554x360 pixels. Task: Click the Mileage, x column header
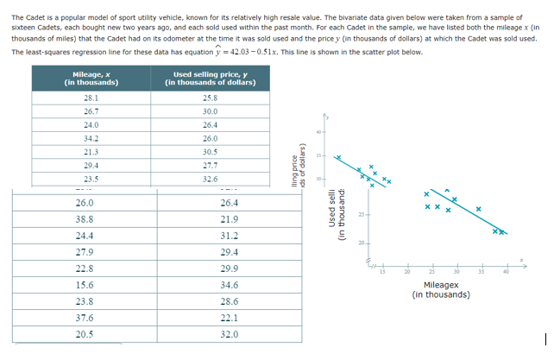(91, 79)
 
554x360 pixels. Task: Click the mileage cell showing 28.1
(91, 98)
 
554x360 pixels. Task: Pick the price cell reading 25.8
(210, 98)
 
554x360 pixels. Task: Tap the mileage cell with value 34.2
(91, 138)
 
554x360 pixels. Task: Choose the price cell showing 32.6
(210, 178)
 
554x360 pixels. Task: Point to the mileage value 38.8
(85, 219)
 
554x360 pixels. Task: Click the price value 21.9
(230, 219)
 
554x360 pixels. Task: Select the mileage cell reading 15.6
(85, 284)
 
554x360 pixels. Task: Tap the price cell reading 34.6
(230, 284)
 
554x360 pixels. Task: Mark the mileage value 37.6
(85, 317)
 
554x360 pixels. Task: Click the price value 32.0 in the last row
(230, 333)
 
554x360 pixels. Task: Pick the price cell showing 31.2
(230, 236)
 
